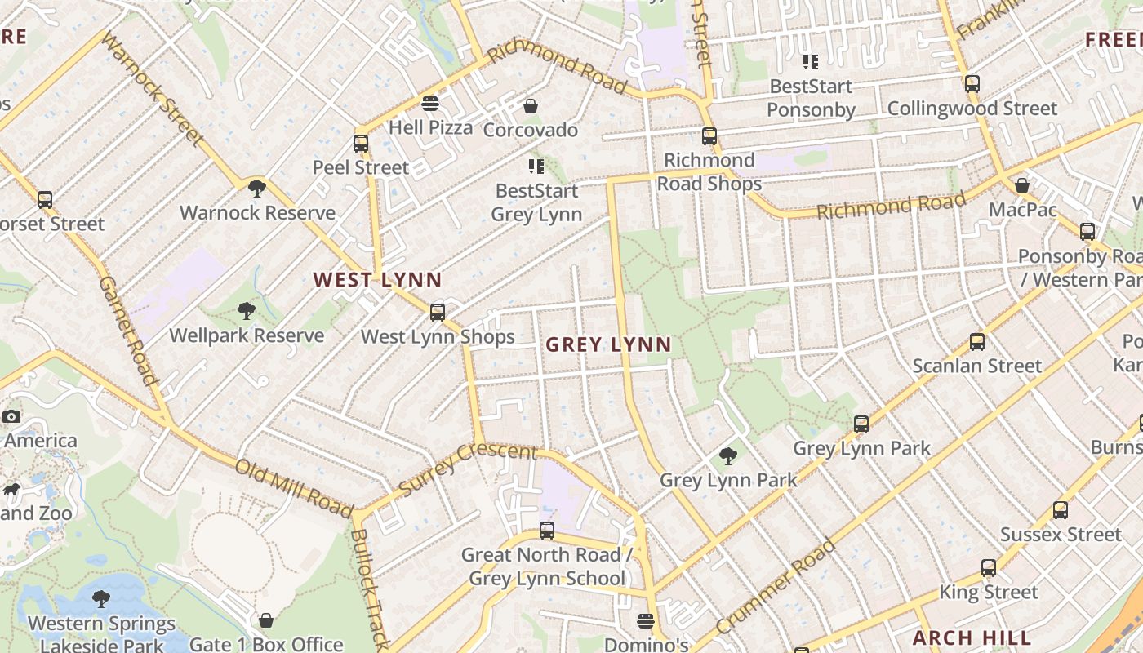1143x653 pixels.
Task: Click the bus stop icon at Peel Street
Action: click(x=361, y=144)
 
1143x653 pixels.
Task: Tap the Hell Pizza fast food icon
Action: click(x=430, y=104)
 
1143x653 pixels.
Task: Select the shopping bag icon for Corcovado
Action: click(x=531, y=106)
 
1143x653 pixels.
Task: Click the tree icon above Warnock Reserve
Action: click(x=257, y=189)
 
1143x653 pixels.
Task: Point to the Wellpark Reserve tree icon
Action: click(x=246, y=311)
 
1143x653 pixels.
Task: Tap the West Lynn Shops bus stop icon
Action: click(x=438, y=312)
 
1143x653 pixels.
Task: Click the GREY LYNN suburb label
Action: click(x=608, y=345)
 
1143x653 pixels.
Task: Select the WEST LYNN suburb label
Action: click(x=377, y=280)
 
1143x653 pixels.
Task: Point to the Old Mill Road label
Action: click(x=294, y=487)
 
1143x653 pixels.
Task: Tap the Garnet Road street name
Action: click(x=127, y=331)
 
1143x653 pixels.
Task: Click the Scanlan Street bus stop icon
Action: click(x=977, y=342)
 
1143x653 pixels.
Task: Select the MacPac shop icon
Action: click(x=1021, y=185)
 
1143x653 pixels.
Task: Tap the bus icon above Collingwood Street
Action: click(x=972, y=84)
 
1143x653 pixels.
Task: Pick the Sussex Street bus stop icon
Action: click(x=1060, y=510)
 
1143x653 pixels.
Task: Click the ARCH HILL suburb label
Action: click(x=972, y=637)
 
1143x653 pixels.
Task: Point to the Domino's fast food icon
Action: click(x=646, y=621)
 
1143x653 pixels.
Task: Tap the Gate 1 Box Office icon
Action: click(x=265, y=620)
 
